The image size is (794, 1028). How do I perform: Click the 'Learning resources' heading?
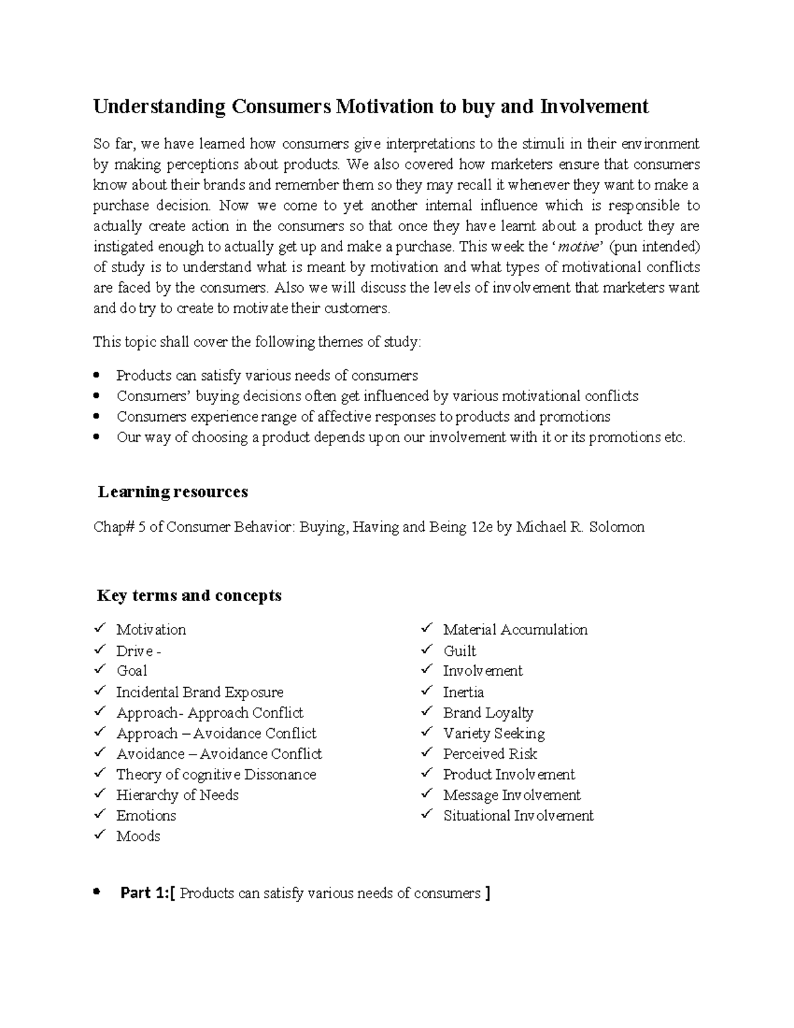click(173, 492)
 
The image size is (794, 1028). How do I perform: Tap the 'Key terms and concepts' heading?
click(189, 596)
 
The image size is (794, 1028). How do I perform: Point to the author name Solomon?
click(615, 528)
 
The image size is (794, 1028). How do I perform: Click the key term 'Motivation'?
click(151, 630)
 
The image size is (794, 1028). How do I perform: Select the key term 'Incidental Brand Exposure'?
click(200, 692)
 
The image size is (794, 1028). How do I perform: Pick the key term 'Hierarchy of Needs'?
click(177, 795)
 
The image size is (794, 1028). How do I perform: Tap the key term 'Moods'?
click(138, 836)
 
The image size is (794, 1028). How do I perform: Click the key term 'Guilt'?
click(460, 651)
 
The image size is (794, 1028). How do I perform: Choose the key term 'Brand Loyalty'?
click(488, 713)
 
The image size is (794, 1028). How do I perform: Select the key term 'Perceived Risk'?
click(490, 754)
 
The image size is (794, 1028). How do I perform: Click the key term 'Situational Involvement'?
click(518, 816)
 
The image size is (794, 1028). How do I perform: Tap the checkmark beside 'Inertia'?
click(427, 691)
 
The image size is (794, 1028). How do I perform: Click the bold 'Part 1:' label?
click(144, 894)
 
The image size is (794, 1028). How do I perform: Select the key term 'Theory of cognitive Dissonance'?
click(216, 774)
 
